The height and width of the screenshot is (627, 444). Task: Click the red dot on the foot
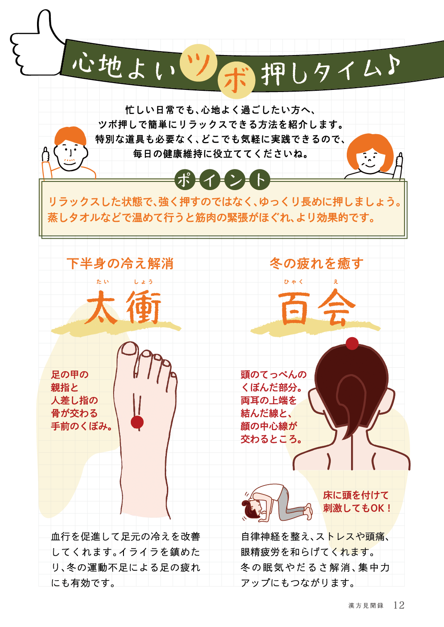coord(137,422)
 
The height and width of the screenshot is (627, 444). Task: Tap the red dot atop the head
coord(352,344)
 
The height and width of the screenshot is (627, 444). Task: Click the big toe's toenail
coord(129,349)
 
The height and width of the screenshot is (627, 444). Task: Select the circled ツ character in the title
coord(198,63)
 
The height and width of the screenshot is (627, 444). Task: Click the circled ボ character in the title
coord(236,80)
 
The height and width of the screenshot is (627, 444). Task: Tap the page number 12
coord(399,605)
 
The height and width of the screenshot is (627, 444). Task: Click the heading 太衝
coord(123,307)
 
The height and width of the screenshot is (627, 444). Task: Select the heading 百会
coord(316,307)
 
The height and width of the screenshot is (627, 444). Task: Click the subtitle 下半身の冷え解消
coord(120,264)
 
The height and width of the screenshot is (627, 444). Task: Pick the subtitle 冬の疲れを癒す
coord(317,264)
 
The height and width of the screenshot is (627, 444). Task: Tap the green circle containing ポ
coord(185,180)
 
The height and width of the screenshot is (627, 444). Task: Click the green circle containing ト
coord(260,180)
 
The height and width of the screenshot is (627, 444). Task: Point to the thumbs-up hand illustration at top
coord(37,43)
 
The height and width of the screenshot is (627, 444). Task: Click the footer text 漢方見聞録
coord(366,605)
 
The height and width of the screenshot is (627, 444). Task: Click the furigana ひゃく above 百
coord(293,282)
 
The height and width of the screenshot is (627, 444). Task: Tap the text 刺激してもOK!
coord(357,508)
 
